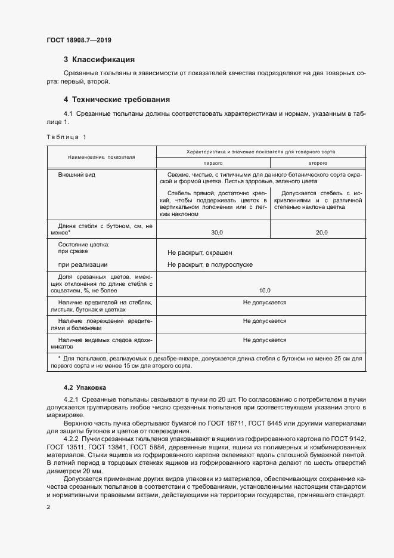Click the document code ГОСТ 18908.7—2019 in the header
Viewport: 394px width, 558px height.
click(x=79, y=40)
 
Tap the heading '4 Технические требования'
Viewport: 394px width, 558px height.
click(x=117, y=100)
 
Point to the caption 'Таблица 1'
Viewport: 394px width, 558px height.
click(x=66, y=137)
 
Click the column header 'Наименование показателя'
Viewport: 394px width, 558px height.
click(x=101, y=157)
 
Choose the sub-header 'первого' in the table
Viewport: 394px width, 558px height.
click(x=213, y=162)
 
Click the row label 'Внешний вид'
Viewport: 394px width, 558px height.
click(x=76, y=175)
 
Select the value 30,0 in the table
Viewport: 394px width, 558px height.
click(x=213, y=232)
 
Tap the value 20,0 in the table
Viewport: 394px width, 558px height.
click(x=322, y=232)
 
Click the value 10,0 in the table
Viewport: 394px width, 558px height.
click(x=265, y=291)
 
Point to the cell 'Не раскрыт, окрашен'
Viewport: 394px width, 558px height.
click(x=200, y=253)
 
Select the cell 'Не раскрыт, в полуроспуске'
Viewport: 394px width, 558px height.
click(x=210, y=264)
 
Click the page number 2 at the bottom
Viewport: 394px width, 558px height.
click(x=48, y=507)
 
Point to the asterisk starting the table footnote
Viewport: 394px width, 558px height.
click(x=60, y=358)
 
